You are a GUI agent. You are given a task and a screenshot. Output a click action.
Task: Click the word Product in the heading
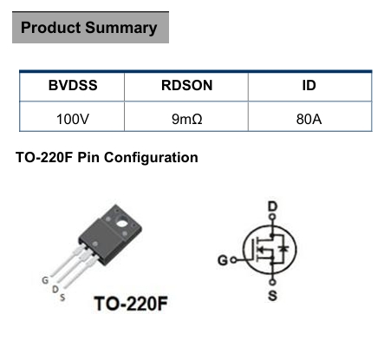click(x=50, y=28)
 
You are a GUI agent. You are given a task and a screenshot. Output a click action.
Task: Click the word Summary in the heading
click(x=121, y=29)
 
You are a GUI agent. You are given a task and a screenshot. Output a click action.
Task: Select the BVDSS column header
click(x=73, y=85)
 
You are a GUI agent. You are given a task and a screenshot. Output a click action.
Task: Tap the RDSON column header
click(x=186, y=85)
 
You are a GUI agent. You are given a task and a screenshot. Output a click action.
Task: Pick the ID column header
click(x=309, y=85)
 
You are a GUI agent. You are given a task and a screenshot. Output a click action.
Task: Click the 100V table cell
click(x=73, y=119)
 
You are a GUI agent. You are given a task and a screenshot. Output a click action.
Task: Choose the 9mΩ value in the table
click(x=186, y=119)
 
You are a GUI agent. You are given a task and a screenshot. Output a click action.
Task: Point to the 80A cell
click(x=309, y=119)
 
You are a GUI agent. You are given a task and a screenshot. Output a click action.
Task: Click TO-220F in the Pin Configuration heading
click(x=44, y=158)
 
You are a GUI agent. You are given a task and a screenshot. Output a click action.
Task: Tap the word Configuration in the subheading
click(x=151, y=158)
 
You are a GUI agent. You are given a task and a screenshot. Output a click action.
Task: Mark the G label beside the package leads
click(x=45, y=280)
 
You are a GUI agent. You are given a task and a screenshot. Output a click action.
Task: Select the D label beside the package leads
click(x=55, y=289)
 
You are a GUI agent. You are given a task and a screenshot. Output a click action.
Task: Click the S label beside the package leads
click(x=62, y=298)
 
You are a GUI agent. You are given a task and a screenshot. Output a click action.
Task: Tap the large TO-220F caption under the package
click(x=131, y=304)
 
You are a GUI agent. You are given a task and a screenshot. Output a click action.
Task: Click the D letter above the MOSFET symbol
click(x=272, y=206)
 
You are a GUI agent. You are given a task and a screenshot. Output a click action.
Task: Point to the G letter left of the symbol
click(x=223, y=260)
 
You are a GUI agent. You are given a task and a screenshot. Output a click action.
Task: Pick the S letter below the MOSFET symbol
click(x=272, y=296)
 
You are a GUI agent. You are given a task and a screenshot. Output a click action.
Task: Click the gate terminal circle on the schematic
click(x=234, y=260)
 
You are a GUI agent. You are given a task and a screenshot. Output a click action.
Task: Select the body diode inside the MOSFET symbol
click(x=284, y=248)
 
